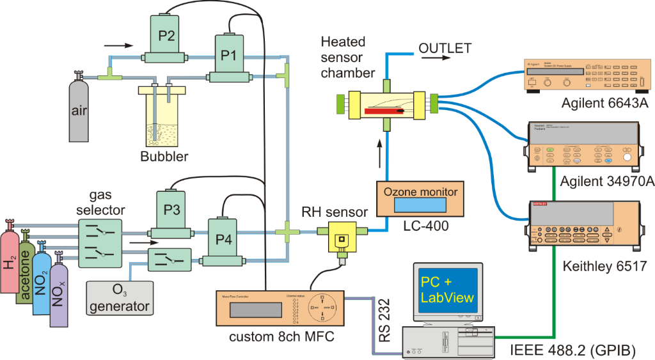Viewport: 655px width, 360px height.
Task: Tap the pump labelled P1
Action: tap(228, 56)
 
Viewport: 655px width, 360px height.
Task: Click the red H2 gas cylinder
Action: tap(11, 269)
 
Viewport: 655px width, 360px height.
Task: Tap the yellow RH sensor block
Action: tap(341, 237)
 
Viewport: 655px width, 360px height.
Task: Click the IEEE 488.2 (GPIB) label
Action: tap(573, 350)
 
